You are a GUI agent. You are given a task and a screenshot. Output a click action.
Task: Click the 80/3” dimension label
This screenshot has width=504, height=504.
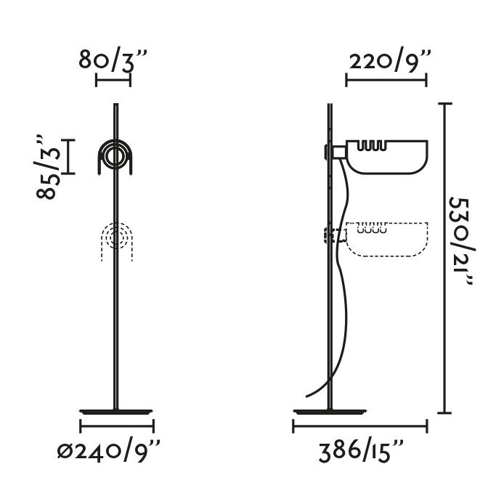click(x=113, y=60)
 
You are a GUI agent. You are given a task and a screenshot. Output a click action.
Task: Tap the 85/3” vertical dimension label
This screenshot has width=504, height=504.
click(x=48, y=167)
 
